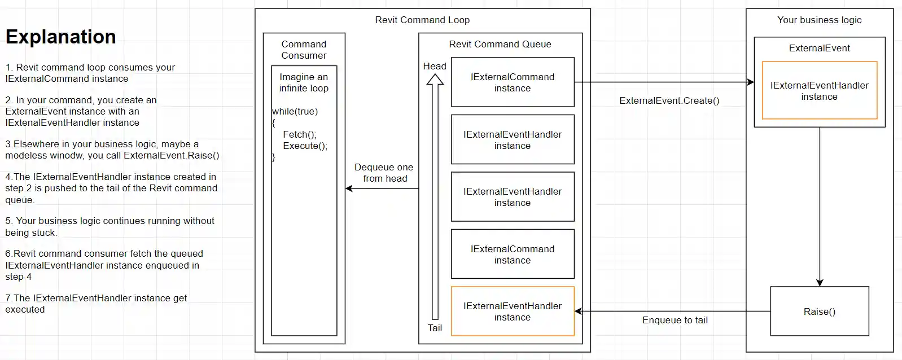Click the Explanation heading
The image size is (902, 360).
(x=61, y=37)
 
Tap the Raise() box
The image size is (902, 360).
(x=819, y=311)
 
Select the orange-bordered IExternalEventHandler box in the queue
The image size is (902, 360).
(x=512, y=311)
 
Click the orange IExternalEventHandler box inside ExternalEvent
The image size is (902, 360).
(x=819, y=91)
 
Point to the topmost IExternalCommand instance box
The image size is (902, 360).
(x=512, y=82)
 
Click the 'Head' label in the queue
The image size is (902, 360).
(x=435, y=66)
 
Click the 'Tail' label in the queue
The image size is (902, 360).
(x=435, y=328)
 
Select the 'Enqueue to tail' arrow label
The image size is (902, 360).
(x=675, y=320)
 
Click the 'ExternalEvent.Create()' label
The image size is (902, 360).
(x=669, y=100)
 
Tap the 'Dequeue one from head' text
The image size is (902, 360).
(x=384, y=173)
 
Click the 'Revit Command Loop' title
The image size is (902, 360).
(x=422, y=20)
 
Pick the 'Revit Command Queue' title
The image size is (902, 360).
(x=500, y=44)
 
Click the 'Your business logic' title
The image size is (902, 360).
(x=819, y=20)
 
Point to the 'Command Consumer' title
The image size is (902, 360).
(x=304, y=50)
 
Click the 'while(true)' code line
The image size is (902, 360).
(x=295, y=111)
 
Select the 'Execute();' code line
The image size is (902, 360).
(x=305, y=146)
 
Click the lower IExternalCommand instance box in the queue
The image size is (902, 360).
(x=512, y=254)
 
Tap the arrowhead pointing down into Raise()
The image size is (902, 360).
(x=820, y=283)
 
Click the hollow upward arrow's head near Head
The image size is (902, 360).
(x=435, y=80)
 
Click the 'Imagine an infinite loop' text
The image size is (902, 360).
(x=304, y=82)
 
